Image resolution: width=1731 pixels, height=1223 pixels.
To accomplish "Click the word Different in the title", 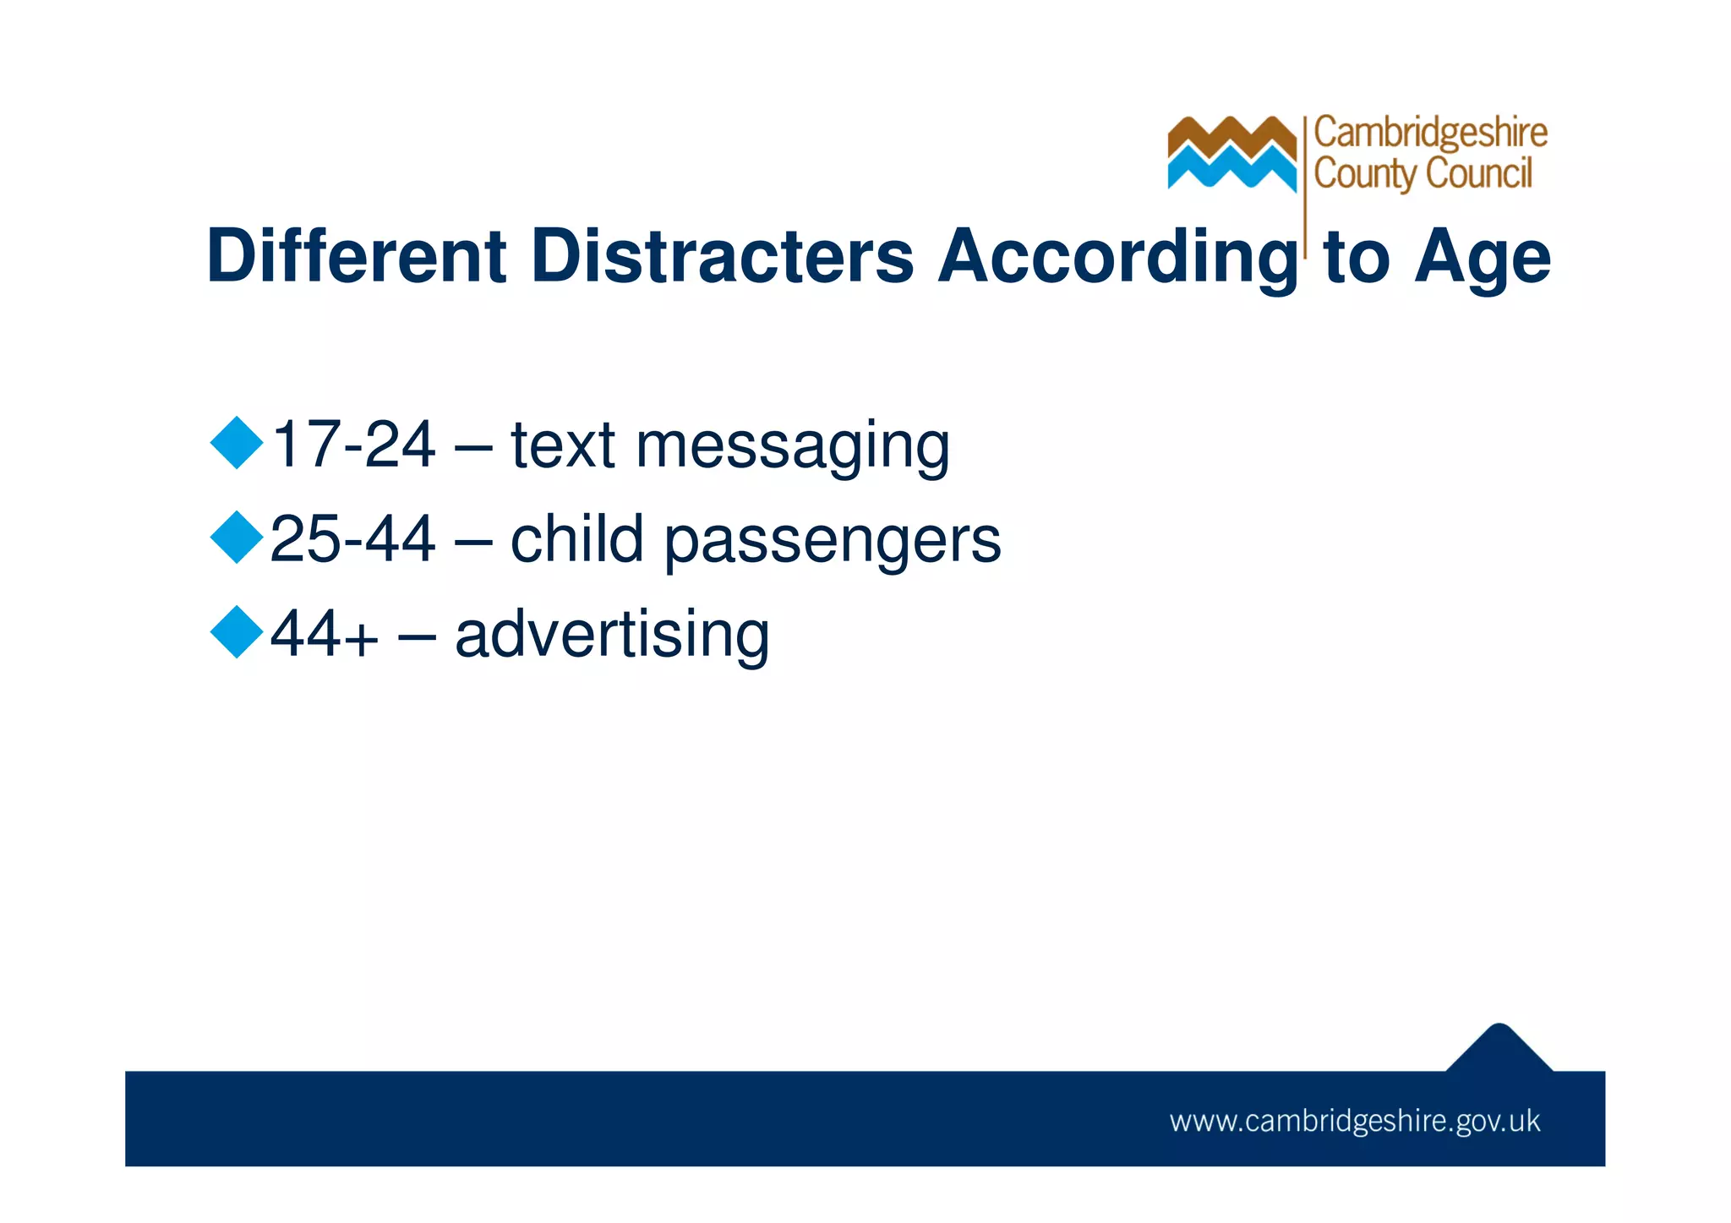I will tap(356, 255).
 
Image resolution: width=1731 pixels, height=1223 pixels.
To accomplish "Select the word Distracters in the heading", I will tap(723, 255).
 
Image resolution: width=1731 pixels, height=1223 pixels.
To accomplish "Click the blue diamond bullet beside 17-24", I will tap(237, 443).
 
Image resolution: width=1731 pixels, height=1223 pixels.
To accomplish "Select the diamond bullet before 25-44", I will tap(237, 538).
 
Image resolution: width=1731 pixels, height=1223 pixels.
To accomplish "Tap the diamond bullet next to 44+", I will tap(237, 632).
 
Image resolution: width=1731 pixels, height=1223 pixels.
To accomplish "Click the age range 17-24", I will tap(353, 445).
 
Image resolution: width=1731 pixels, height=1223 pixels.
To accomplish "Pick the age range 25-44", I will tap(352, 539).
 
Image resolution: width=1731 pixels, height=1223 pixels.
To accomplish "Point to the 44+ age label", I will tap(324, 634).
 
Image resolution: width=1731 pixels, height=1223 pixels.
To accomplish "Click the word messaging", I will tap(792, 446).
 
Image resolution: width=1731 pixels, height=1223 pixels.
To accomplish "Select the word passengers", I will tap(832, 542).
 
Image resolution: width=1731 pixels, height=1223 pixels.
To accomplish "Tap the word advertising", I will tap(612, 634).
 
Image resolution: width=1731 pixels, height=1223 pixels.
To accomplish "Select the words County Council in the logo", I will tap(1422, 174).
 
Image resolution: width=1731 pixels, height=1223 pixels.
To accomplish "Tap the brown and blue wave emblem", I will tap(1231, 153).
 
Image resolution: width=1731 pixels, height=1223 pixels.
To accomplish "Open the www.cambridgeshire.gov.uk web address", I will tap(1355, 1122).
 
